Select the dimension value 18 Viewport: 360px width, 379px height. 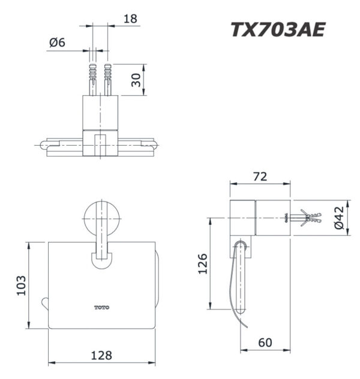tap(129, 19)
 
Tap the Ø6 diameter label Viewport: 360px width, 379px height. tap(57, 43)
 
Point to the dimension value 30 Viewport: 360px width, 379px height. tap(137, 79)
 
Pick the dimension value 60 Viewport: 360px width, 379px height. tap(266, 343)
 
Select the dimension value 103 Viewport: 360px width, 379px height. tap(20, 285)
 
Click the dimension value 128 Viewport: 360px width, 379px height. tap(101, 355)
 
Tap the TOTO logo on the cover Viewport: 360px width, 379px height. tap(102, 307)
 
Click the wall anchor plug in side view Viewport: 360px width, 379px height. tap(306, 218)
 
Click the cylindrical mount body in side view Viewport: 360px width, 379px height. tap(243, 218)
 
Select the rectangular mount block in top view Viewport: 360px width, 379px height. tap(100, 112)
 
